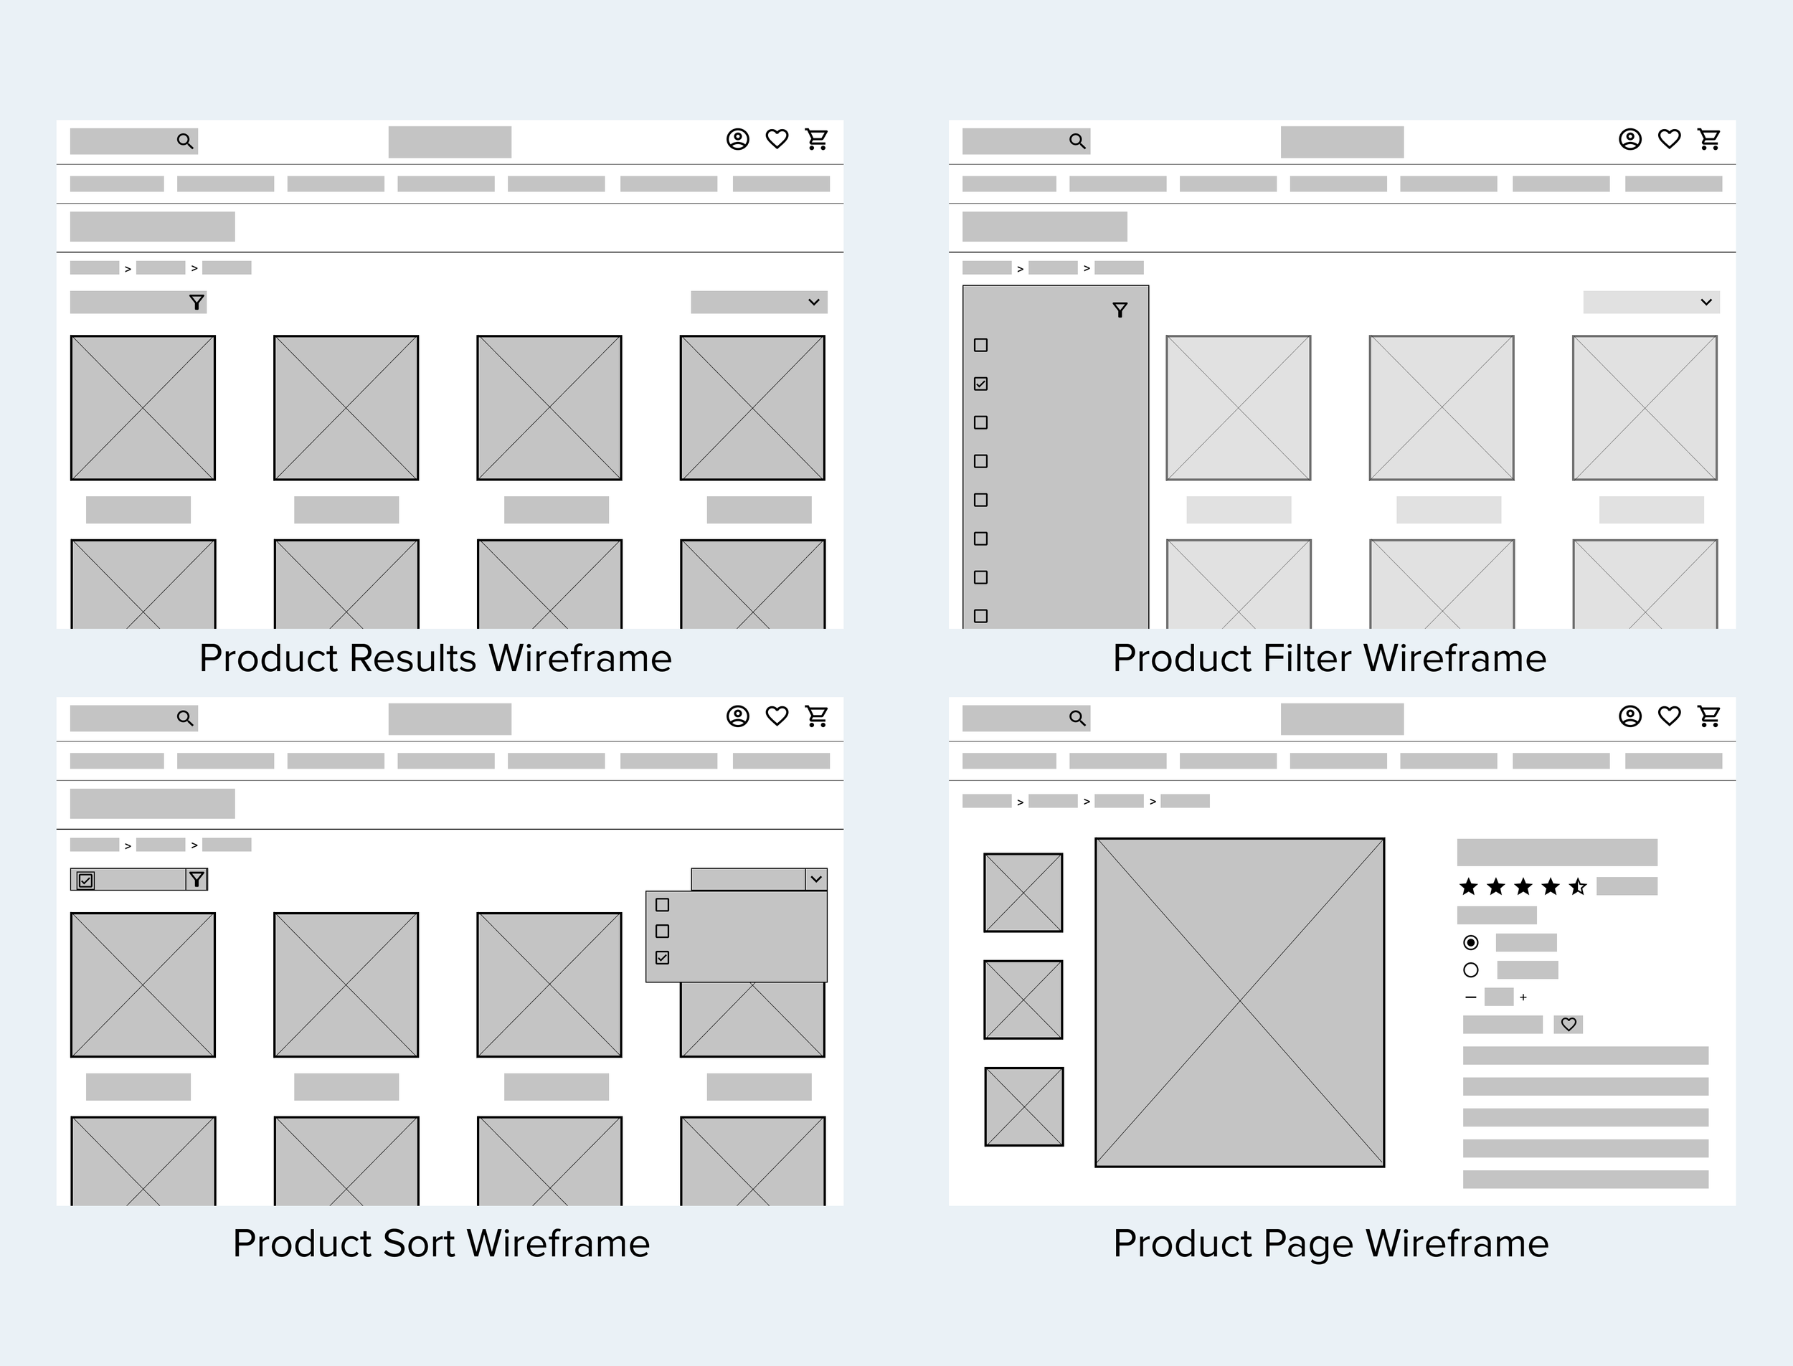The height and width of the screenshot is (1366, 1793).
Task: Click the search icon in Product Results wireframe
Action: (186, 141)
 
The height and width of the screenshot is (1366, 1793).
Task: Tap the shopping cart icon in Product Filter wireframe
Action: (1709, 139)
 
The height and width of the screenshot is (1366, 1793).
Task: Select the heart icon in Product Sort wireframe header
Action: (777, 716)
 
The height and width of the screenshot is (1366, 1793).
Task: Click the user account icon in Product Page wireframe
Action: (1629, 716)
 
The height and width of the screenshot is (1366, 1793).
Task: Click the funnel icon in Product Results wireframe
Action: (197, 303)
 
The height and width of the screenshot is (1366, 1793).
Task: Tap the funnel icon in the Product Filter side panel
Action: (1120, 310)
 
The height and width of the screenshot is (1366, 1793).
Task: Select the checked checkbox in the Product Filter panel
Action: (980, 384)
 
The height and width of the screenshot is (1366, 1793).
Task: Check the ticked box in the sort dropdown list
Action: (663, 957)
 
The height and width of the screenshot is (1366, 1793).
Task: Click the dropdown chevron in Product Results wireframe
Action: (814, 303)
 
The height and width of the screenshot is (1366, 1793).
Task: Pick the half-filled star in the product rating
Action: (1579, 886)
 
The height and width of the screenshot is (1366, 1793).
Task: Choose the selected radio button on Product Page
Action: (1471, 942)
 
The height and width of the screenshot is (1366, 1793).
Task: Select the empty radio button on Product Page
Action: (1471, 970)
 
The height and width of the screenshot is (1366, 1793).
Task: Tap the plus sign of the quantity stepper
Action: (1523, 997)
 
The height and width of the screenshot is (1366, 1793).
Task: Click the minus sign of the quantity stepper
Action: (1471, 997)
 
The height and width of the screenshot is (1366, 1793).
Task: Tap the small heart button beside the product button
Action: (1569, 1025)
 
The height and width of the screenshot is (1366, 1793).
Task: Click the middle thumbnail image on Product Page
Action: (1023, 1000)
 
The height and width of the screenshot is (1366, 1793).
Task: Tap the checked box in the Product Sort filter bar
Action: (85, 880)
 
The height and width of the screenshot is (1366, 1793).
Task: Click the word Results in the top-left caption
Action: (412, 658)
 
